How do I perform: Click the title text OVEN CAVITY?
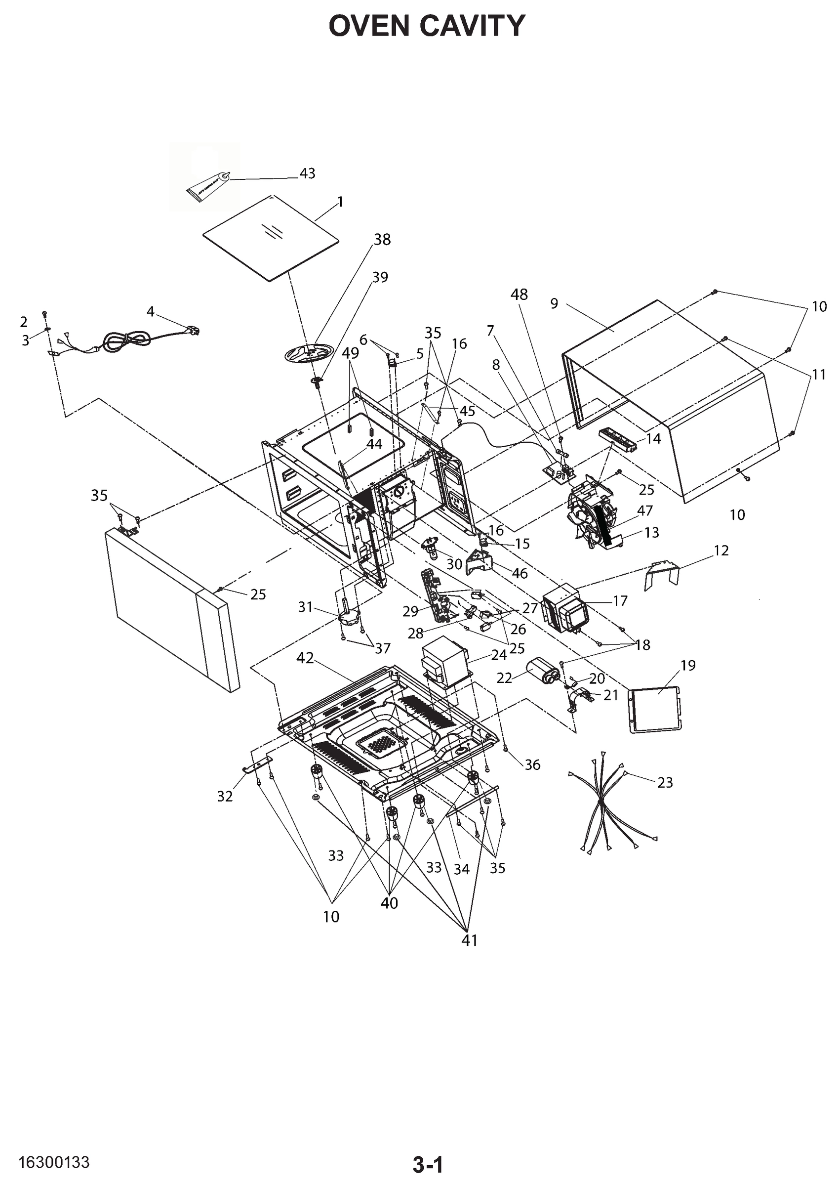click(427, 26)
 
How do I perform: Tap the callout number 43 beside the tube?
click(307, 173)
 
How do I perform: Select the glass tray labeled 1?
click(271, 238)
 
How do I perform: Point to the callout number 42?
click(305, 658)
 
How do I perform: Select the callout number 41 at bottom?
click(469, 940)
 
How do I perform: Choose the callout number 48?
click(519, 295)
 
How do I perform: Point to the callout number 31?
click(305, 606)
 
